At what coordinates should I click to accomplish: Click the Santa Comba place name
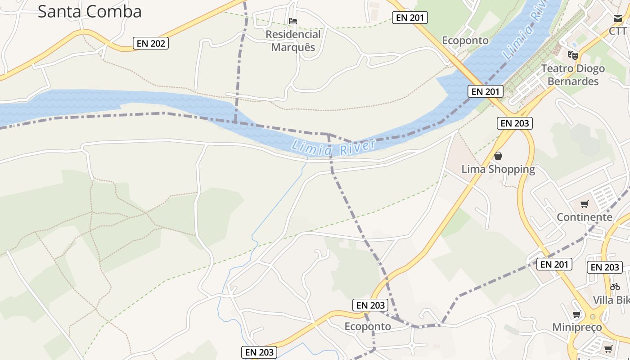click(89, 12)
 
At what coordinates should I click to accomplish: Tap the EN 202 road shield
click(151, 44)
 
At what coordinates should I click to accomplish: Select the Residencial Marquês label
click(293, 40)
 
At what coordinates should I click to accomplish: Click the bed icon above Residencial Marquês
click(293, 21)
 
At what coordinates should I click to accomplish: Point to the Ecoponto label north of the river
click(465, 40)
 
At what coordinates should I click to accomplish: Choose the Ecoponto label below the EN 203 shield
click(368, 326)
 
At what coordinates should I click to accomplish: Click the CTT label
click(617, 31)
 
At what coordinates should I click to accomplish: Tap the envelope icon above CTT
click(617, 19)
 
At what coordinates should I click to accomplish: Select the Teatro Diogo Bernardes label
click(573, 75)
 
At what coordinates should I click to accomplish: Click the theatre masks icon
click(572, 55)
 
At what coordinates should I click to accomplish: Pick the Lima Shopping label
click(498, 169)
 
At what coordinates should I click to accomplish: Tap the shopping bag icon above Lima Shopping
click(498, 156)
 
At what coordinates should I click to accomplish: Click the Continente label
click(585, 217)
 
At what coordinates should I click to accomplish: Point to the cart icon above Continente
click(585, 204)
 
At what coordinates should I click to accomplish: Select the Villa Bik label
click(611, 300)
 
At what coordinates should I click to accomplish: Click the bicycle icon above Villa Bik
click(615, 287)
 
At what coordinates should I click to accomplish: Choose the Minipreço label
click(577, 327)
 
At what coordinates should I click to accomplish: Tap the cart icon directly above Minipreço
click(577, 315)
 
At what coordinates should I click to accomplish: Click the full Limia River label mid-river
click(333, 148)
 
